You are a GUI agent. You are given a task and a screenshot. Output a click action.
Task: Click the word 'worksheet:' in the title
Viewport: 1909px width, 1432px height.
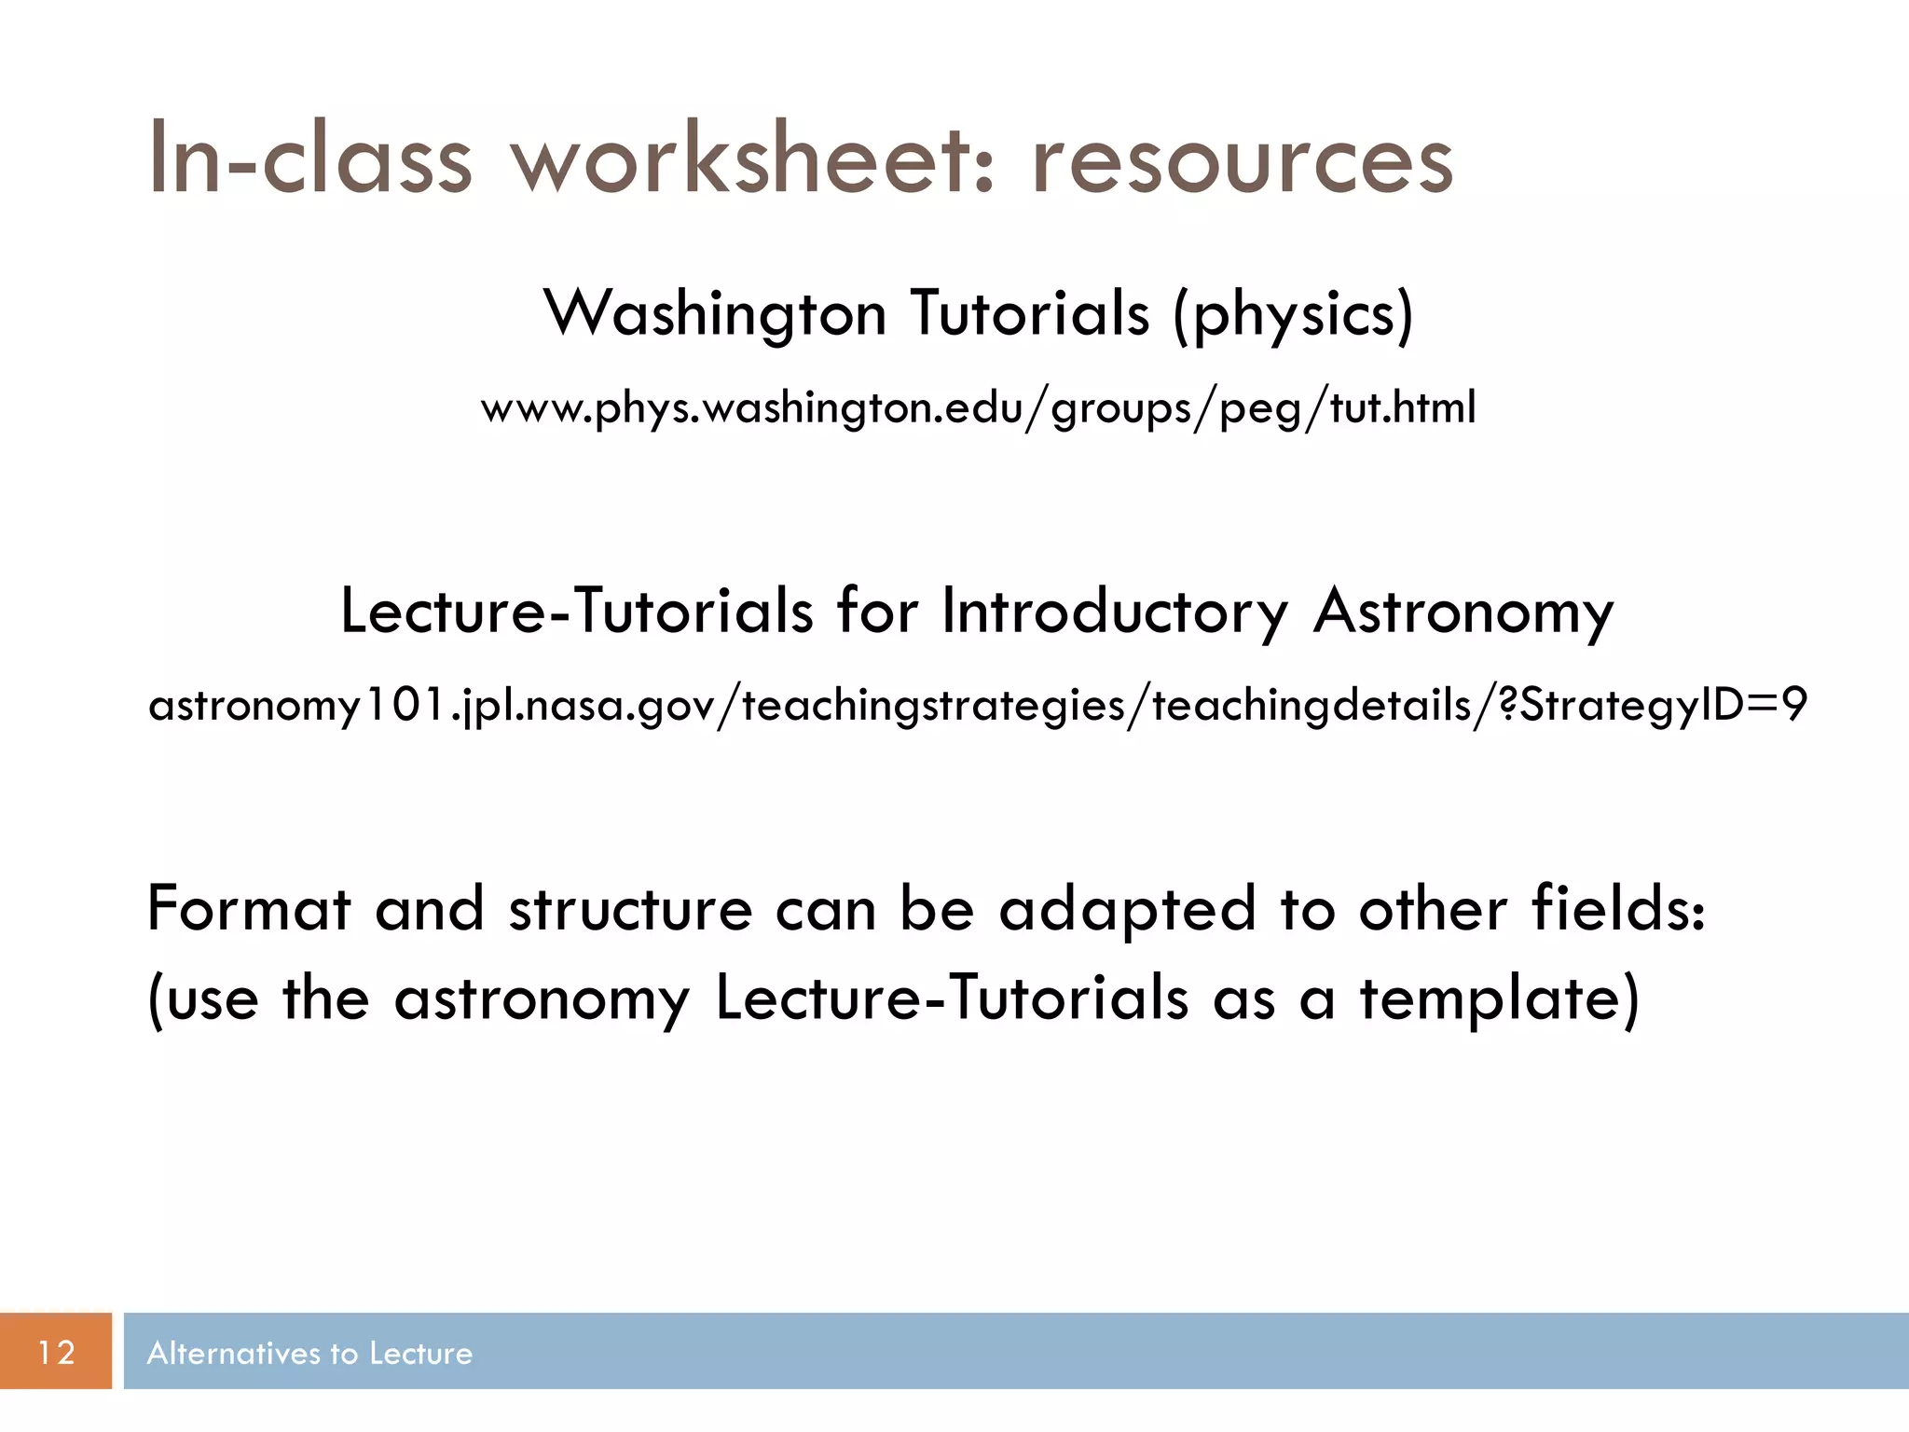755,160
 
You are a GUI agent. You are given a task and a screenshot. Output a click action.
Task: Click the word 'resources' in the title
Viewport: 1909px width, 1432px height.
1242,160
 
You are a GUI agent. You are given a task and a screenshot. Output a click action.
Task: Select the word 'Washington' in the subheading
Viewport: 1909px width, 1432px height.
715,314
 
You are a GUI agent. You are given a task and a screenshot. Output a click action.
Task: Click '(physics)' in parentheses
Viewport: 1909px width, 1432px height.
1293,314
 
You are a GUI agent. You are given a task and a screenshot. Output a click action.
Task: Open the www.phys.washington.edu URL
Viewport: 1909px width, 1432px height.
978,408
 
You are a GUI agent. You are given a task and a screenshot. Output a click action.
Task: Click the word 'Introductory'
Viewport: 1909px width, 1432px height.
1115,613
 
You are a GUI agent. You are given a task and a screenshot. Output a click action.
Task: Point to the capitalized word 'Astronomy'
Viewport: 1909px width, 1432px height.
1463,613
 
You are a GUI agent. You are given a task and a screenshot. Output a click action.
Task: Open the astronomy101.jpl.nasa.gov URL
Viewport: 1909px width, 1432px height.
978,705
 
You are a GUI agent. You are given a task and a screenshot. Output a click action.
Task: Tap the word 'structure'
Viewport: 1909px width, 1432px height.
630,909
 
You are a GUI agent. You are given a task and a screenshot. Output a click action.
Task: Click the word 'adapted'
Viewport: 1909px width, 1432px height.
1127,909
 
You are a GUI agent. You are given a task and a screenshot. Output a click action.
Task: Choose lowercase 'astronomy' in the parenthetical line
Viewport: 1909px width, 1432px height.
542,999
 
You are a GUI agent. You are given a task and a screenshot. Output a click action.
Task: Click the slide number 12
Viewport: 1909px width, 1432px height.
56,1352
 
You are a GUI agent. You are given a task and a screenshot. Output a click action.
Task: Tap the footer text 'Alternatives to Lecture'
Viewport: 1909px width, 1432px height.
309,1353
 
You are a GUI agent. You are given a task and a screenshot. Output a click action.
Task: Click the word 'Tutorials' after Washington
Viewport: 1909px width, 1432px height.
1030,314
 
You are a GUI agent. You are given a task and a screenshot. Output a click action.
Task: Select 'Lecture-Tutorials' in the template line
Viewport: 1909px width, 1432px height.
952,999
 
